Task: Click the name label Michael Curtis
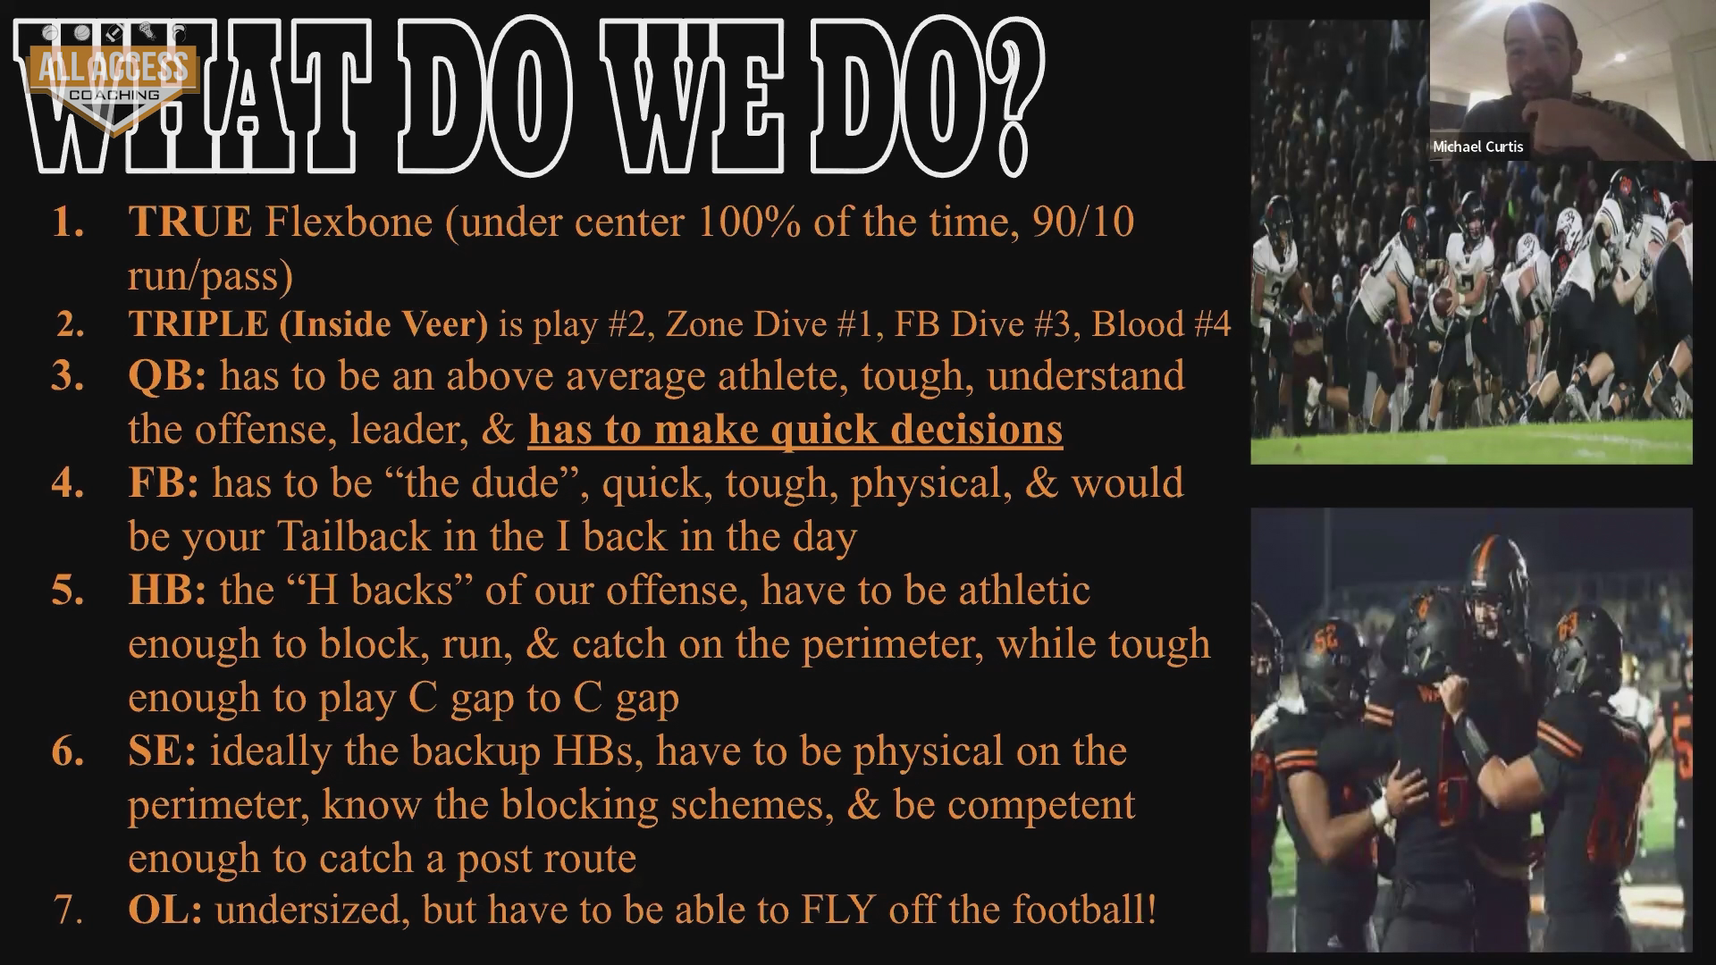[x=1478, y=147]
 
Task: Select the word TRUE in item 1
[x=189, y=222]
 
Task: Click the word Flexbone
[x=349, y=222]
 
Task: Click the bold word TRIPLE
[x=198, y=323]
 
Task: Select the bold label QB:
[x=167, y=376]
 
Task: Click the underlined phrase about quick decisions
[x=795, y=430]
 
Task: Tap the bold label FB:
[x=164, y=483]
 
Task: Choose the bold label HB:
[x=167, y=591]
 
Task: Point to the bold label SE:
[x=163, y=751]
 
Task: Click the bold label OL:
[x=165, y=910]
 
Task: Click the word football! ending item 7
[x=1085, y=910]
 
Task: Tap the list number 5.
[x=68, y=591]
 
